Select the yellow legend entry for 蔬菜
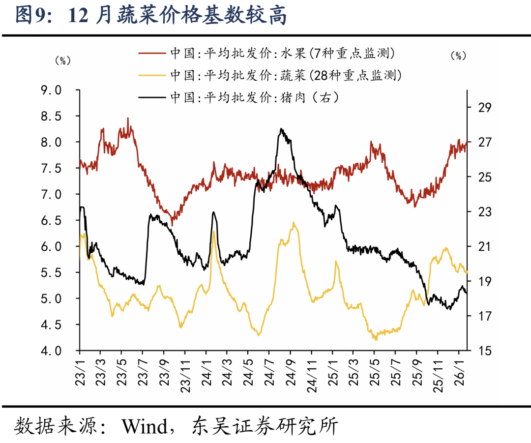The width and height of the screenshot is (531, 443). click(x=270, y=75)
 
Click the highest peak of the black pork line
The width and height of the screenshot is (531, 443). click(x=281, y=129)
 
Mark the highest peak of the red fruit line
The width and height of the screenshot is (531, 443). click(x=128, y=118)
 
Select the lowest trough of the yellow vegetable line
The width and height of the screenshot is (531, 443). click(x=376, y=339)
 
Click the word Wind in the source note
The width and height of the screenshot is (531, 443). click(x=145, y=426)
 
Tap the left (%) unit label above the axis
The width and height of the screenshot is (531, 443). click(x=62, y=60)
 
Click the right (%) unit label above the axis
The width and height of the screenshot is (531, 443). click(x=458, y=56)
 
